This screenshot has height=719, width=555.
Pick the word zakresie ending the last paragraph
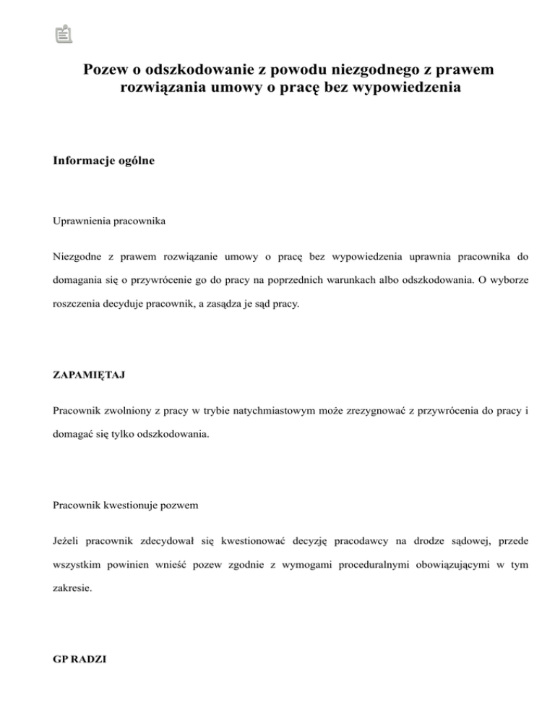pyautogui.click(x=72, y=590)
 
